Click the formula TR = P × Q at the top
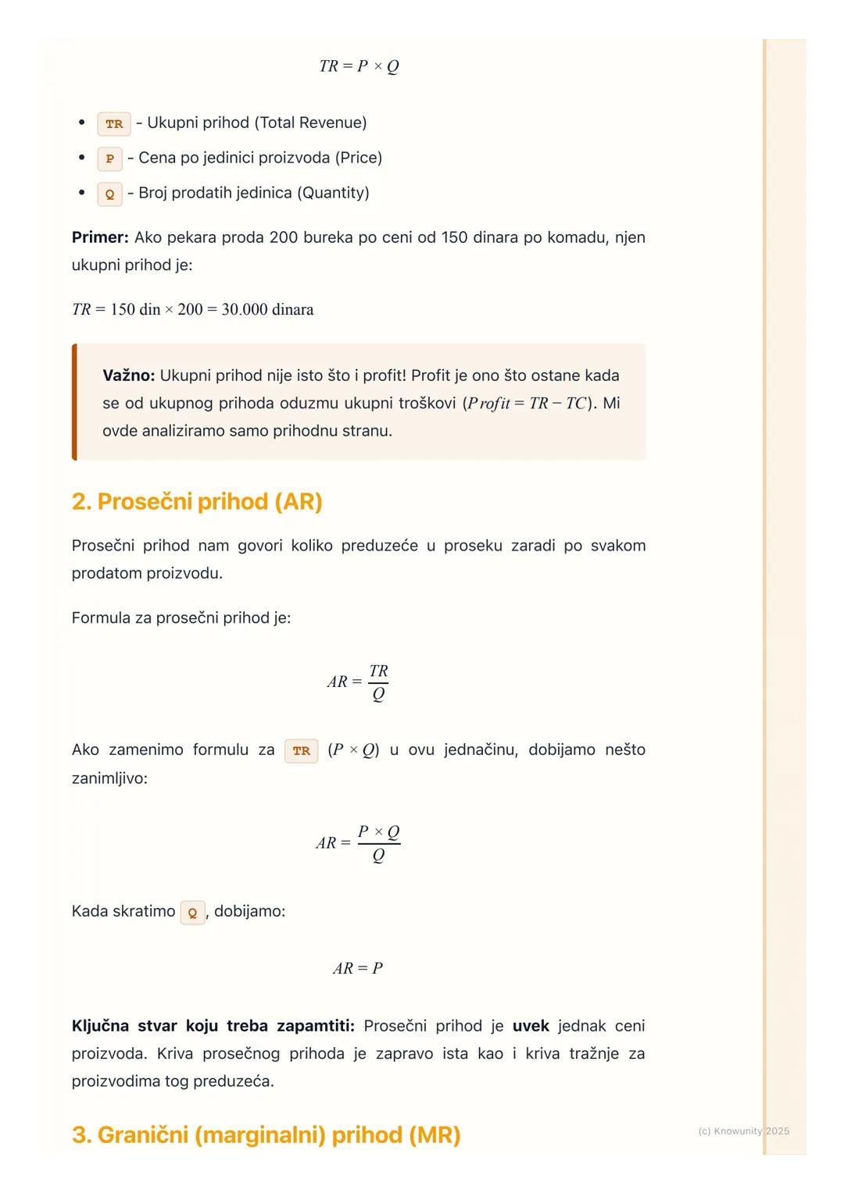pos(359,66)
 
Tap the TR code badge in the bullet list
pos(114,124)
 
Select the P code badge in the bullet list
pos(109,158)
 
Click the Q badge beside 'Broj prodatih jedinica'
pos(109,194)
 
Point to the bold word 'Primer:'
pos(100,237)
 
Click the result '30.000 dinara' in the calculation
pos(267,310)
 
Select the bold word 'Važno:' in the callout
pos(129,376)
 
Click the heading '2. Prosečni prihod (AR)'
pos(197,501)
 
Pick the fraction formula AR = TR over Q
pos(359,682)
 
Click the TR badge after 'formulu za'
pos(301,751)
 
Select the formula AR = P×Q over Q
pos(359,843)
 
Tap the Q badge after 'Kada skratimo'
pos(192,913)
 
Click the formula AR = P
pos(358,969)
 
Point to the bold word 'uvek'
pos(531,1026)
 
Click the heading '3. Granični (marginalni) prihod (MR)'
pos(266,1134)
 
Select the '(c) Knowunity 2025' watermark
pos(743,1131)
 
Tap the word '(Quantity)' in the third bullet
pos(331,193)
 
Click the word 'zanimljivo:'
pos(109,778)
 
